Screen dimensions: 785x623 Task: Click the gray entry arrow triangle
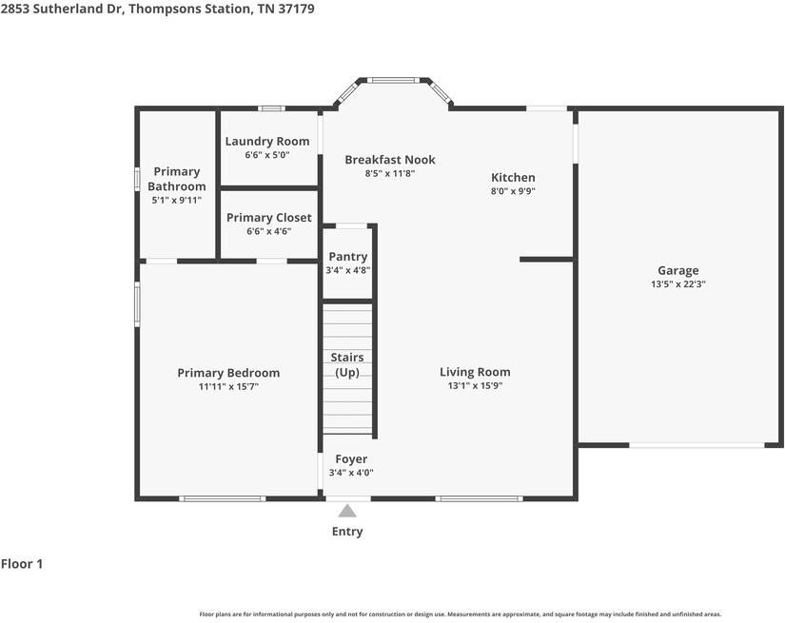[347, 511]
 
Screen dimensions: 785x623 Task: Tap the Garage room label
[677, 271]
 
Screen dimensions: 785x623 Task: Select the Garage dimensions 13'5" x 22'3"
[677, 284]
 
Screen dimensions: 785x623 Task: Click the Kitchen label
[513, 177]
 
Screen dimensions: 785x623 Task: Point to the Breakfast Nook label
[390, 160]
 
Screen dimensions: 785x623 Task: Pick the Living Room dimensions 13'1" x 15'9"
[475, 386]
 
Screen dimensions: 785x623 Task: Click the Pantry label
[348, 257]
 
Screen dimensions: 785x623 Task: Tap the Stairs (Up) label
[347, 365]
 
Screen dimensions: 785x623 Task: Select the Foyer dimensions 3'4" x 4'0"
[351, 473]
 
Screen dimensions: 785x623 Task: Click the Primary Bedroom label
[228, 373]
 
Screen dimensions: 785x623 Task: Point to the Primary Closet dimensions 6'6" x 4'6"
[269, 231]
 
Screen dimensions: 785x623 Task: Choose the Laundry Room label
[266, 141]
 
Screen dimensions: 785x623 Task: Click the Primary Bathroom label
[177, 179]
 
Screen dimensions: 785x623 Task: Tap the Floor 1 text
[22, 564]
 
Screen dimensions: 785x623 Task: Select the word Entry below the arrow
[347, 532]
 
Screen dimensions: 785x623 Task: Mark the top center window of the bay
[393, 80]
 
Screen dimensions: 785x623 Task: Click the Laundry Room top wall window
[271, 108]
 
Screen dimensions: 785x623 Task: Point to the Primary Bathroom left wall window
[137, 179]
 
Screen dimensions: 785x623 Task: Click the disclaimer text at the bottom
[461, 614]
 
